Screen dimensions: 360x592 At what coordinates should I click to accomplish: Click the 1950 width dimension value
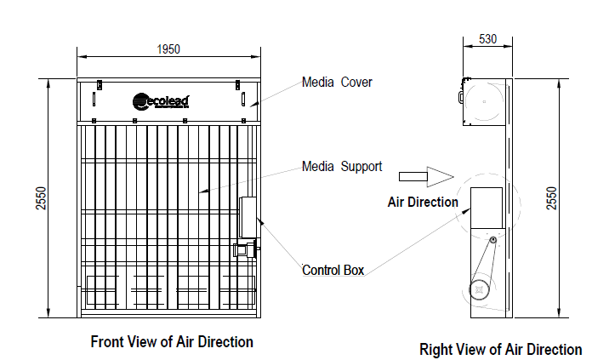(168, 49)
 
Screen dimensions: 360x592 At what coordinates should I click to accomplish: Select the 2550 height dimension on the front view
(40, 197)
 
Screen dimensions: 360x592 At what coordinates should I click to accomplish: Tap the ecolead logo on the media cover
(161, 101)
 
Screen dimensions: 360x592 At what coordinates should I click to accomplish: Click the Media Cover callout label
(337, 83)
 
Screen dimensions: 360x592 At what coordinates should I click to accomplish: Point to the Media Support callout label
(342, 166)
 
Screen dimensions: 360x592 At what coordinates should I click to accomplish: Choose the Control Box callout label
(333, 270)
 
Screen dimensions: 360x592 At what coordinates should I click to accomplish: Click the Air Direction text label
(423, 202)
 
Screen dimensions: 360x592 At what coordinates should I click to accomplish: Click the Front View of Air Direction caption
(172, 342)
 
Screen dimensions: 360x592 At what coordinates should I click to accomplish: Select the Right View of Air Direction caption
(501, 349)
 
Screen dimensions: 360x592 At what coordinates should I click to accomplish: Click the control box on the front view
(249, 217)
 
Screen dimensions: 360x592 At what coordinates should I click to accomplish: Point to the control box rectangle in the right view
(488, 208)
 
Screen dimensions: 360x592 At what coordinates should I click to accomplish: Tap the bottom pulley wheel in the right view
(481, 289)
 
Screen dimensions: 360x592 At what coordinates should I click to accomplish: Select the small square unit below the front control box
(242, 249)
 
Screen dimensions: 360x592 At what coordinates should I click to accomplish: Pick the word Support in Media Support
(361, 166)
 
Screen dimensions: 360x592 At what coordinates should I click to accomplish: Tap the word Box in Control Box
(353, 270)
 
